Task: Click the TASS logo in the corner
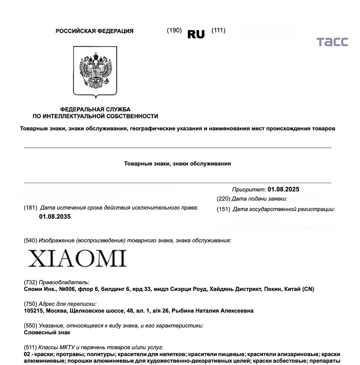[332, 42]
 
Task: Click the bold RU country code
[196, 34]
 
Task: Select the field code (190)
[174, 30]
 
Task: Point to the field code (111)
[218, 30]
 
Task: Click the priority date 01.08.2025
[283, 189]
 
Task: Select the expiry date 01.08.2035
[55, 217]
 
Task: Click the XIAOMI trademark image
[77, 259]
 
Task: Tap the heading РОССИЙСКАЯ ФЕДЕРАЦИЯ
[95, 31]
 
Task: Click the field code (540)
[30, 241]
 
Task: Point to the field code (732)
[30, 282]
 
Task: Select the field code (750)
[30, 304]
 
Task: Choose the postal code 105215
[33, 311]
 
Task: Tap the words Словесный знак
[47, 332]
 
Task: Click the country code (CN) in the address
[308, 289]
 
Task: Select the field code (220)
[223, 199]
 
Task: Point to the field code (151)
[223, 209]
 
